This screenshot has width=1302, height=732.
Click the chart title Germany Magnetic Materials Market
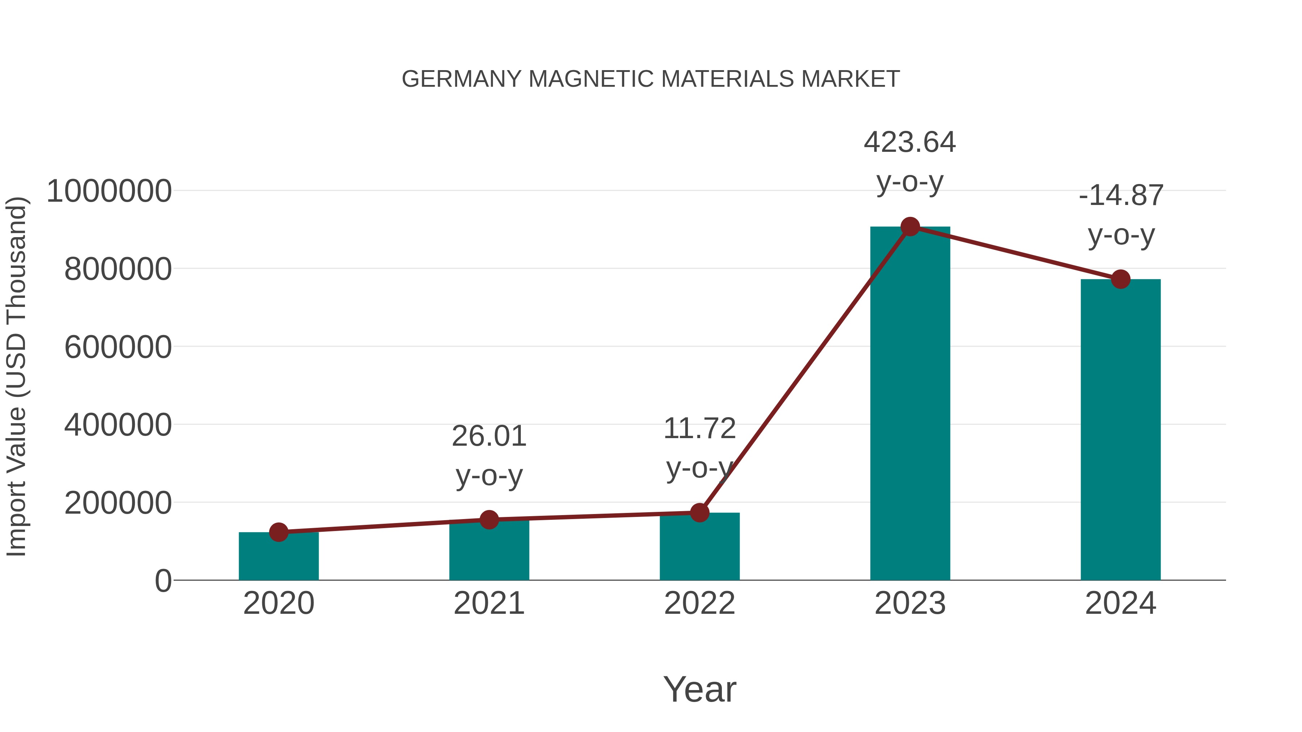pos(651,79)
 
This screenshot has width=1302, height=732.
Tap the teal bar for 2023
pos(910,404)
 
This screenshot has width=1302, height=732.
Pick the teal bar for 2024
pos(1120,429)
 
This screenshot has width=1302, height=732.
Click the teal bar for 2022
pos(699,548)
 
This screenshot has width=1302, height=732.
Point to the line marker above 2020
pos(278,532)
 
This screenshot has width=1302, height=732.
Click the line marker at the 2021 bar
pos(489,519)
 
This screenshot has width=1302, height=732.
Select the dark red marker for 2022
pos(699,513)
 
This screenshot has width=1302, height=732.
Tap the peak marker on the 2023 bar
pos(910,227)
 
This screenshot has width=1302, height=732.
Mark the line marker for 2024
pos(1120,279)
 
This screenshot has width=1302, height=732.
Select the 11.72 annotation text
pos(699,448)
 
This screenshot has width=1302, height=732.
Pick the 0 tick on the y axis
pos(163,581)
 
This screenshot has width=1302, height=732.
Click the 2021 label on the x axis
pos(489,603)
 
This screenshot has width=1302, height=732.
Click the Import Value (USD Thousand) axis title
pos(16,376)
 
